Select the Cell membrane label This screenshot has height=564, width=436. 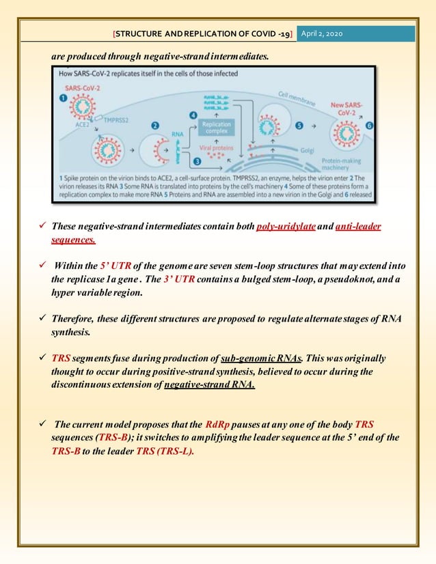tap(301, 98)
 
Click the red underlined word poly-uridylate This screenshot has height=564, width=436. tap(284, 227)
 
